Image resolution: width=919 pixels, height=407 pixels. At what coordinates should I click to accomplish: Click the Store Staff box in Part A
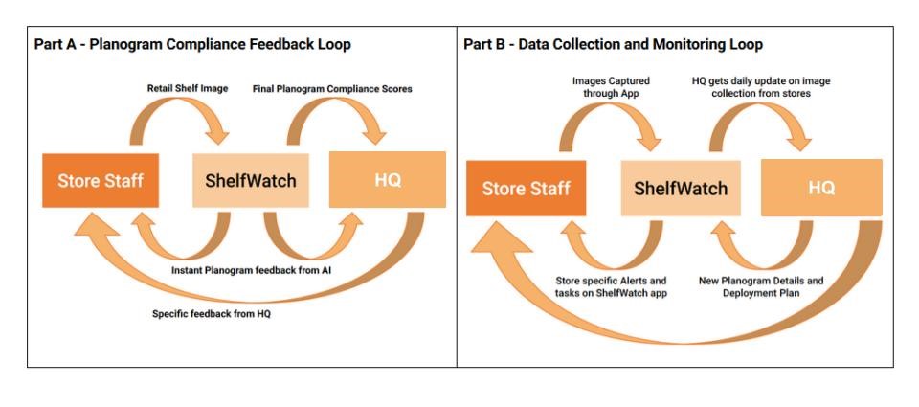tap(101, 179)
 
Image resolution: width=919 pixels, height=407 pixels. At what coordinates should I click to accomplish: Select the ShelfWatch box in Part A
tap(251, 180)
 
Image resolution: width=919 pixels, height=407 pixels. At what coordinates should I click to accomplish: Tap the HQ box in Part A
tap(387, 179)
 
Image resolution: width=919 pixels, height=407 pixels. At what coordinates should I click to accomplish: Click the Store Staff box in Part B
tap(525, 188)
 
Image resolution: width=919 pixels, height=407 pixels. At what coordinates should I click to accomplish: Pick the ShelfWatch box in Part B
tap(681, 188)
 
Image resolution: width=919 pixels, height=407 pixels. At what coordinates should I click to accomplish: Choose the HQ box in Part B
tap(821, 188)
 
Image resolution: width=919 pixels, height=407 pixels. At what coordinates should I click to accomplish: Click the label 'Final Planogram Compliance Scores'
tap(332, 89)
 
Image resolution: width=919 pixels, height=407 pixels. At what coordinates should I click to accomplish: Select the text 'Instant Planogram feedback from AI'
tap(251, 271)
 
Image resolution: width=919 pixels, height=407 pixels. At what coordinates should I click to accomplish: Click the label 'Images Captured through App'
tap(611, 87)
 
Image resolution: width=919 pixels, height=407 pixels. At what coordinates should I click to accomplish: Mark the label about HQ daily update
tap(761, 87)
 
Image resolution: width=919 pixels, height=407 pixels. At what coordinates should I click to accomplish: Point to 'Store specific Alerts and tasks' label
tap(612, 286)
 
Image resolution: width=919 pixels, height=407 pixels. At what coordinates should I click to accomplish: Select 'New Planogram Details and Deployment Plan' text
tap(761, 286)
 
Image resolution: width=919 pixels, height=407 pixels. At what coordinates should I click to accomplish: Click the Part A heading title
tap(192, 44)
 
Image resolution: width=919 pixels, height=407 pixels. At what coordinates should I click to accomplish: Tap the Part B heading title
tap(613, 44)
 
